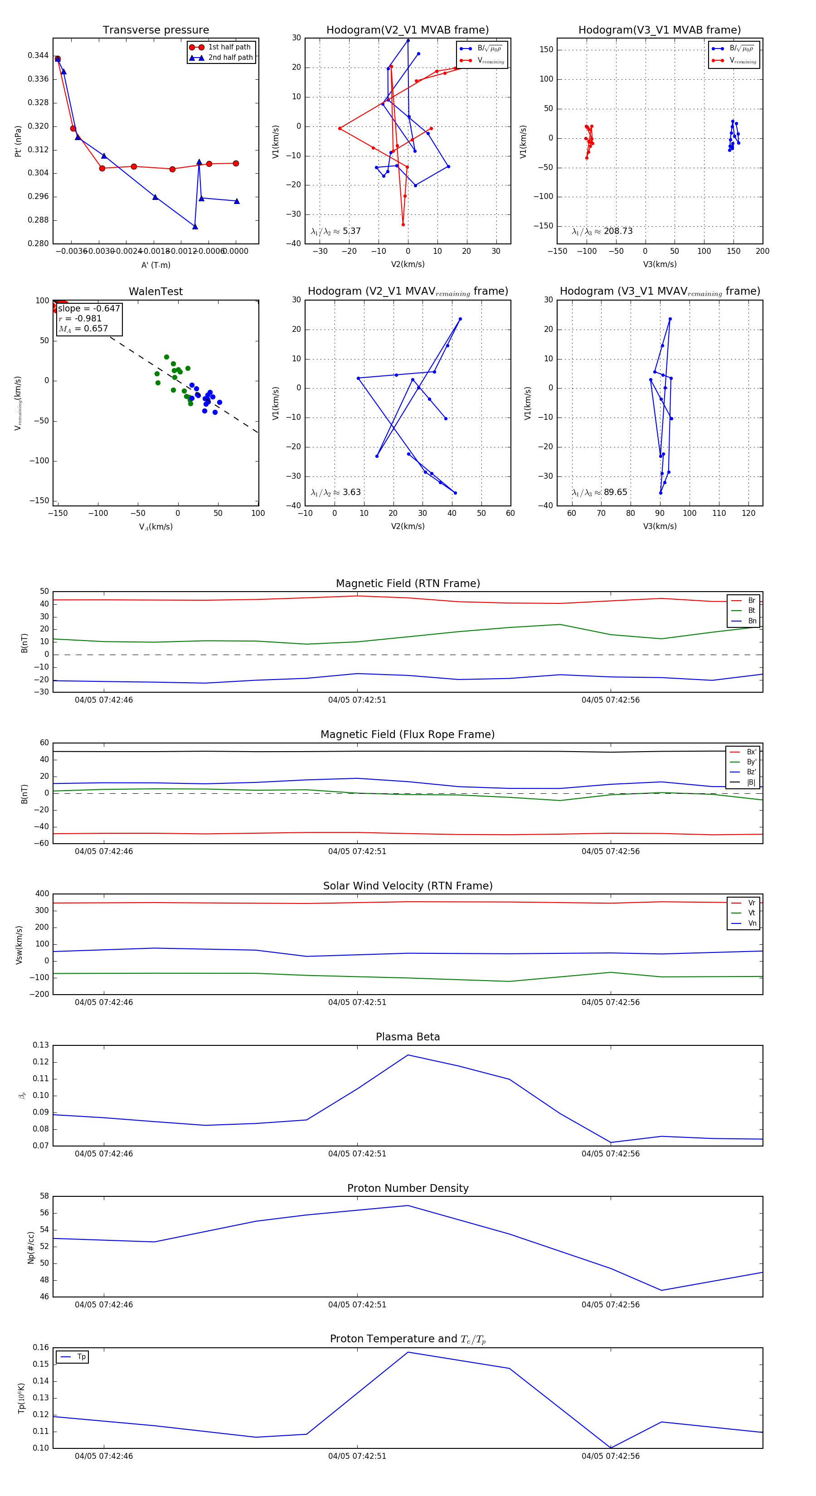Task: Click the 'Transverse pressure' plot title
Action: coord(155,30)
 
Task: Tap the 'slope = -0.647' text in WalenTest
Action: coord(89,308)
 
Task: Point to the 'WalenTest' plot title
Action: coord(155,291)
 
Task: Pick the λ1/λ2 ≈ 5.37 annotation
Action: coord(335,231)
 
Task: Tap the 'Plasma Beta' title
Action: coord(408,1037)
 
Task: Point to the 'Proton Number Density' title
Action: coord(408,1188)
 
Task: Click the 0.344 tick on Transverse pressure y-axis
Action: coord(39,56)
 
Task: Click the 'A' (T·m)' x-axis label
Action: coord(155,265)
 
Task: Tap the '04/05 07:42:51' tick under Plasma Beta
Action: coord(357,1153)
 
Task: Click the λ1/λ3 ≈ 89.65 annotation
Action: coord(599,492)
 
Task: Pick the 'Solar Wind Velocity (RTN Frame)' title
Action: coord(408,886)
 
